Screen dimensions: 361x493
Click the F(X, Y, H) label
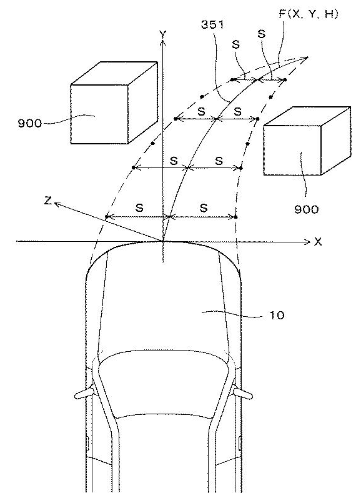(x=308, y=14)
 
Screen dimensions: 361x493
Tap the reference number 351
(x=212, y=24)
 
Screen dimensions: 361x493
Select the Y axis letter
(x=163, y=34)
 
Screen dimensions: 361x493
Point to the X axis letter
(x=318, y=242)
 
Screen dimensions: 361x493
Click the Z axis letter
(x=47, y=200)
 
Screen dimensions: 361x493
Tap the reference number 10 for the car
(x=277, y=315)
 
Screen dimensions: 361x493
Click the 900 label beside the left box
(x=29, y=123)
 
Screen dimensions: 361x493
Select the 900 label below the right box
(x=306, y=209)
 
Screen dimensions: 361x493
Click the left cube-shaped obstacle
(x=114, y=103)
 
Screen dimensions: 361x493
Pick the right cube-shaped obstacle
(x=307, y=141)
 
